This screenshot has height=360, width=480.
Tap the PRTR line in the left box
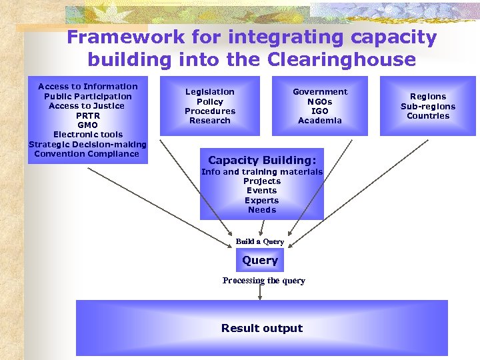pos(87,115)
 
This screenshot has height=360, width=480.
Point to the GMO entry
pos(87,125)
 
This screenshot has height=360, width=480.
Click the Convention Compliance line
pos(87,154)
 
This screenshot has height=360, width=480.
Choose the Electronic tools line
pos(88,135)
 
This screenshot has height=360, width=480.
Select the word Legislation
pos(209,92)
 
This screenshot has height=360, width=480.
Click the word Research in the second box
pos(209,121)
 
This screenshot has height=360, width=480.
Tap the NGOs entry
pos(320,102)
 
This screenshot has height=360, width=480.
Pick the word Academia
pos(320,121)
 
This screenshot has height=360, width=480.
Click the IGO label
pos(320,111)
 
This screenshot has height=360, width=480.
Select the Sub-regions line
pos(428,107)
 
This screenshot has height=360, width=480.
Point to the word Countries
pos(428,116)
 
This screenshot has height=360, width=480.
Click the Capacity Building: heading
pos(262,160)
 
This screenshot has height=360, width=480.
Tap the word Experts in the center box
pos(262,201)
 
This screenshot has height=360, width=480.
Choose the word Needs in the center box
pos(262,210)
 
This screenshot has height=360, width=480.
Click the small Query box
pos(260,261)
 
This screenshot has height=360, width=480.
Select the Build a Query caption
pos(260,241)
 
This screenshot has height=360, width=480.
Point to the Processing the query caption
pos(264,281)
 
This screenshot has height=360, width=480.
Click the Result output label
pos(262,328)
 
